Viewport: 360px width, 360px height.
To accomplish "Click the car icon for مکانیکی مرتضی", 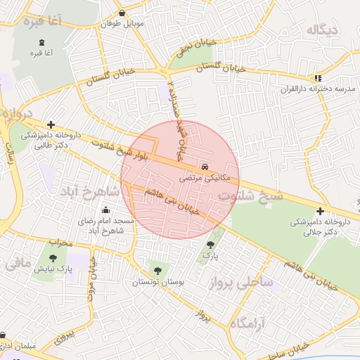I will [x=205, y=167].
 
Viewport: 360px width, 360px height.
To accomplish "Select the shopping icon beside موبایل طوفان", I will [x=123, y=13].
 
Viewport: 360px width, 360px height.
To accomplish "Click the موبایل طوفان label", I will [x=124, y=24].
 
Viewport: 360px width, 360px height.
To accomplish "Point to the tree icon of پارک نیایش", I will [x=53, y=258].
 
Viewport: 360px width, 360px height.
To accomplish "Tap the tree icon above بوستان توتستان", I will [x=156, y=270].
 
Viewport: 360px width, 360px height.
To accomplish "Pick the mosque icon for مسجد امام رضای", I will [x=106, y=210].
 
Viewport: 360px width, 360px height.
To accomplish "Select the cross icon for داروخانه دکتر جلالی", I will [x=321, y=211].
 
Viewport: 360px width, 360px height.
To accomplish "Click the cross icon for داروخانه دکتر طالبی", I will [x=51, y=124].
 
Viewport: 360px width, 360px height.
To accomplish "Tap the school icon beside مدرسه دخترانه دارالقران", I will [x=318, y=78].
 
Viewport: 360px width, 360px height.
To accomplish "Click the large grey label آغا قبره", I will [x=44, y=22].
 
